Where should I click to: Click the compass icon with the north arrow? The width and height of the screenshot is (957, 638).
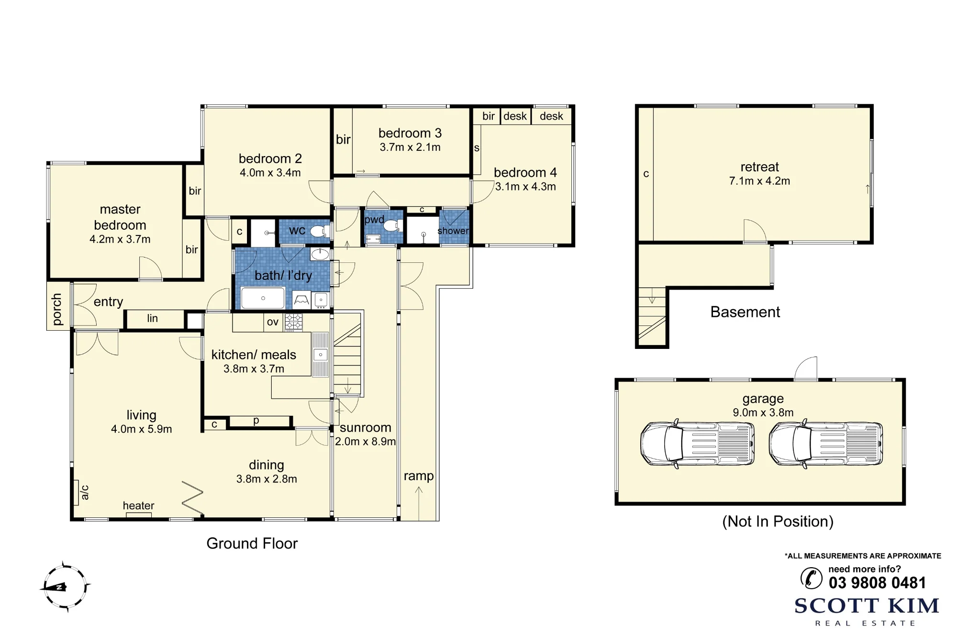(65, 587)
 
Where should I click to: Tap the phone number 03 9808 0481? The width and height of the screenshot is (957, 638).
(877, 583)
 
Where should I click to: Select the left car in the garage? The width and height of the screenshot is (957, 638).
(697, 444)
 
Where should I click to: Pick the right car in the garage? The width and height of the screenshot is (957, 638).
(826, 444)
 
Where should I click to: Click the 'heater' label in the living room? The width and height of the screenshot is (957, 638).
(138, 505)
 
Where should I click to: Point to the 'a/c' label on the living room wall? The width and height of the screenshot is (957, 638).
(84, 492)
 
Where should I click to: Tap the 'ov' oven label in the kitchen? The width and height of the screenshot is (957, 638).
(273, 322)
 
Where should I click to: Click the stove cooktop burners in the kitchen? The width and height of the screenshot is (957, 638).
(294, 322)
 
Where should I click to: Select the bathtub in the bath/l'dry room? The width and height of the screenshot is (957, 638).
(263, 298)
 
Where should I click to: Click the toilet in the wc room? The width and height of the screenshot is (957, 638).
(320, 232)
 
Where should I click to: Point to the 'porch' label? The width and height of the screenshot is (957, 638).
(56, 310)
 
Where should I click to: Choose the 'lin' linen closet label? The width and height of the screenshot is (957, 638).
(152, 318)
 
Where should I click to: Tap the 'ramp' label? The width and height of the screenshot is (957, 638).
(419, 476)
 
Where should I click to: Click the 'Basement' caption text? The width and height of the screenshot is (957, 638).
(745, 312)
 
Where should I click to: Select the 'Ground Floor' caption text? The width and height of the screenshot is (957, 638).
(252, 543)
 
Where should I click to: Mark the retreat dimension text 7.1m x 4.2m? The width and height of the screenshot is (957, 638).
(759, 181)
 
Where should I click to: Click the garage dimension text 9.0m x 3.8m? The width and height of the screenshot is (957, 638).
(763, 413)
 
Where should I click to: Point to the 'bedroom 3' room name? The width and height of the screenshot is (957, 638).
(410, 133)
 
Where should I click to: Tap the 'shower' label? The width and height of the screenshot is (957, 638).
(453, 231)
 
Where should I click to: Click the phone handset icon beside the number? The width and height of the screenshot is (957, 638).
(811, 578)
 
